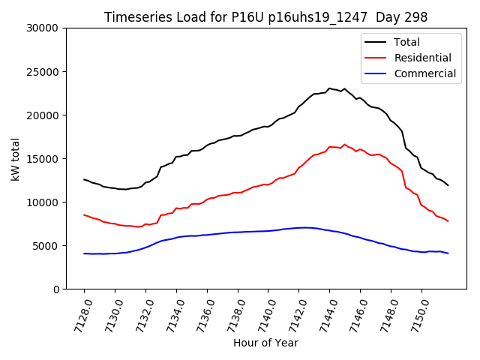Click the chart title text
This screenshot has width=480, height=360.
pyautogui.click(x=266, y=17)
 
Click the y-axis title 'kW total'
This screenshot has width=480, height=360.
pyautogui.click(x=15, y=159)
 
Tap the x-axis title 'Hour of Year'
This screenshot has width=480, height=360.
pyautogui.click(x=265, y=343)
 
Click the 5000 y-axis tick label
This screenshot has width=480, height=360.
pyautogui.click(x=46, y=246)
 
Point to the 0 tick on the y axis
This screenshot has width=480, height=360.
pyautogui.click(x=57, y=289)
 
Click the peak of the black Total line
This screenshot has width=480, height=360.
pyautogui.click(x=329, y=88)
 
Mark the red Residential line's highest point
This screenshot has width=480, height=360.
pyautogui.click(x=345, y=145)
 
